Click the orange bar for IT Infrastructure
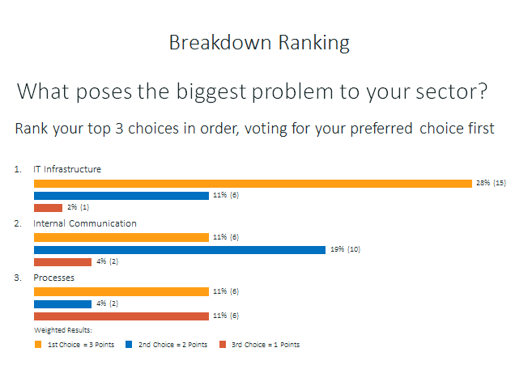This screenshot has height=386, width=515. coord(253,184)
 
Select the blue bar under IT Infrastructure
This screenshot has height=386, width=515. coord(121,196)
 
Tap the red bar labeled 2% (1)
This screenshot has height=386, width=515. coord(48,208)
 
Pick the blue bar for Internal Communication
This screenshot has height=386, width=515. coord(180,250)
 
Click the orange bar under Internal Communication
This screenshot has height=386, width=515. coord(121,237)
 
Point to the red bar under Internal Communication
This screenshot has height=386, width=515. coord(62,262)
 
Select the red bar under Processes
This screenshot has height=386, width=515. coord(121,316)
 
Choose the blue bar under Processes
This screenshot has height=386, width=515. coord(62,304)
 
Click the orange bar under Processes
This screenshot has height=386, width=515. coord(121,291)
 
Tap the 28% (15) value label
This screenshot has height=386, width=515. coord(491,183)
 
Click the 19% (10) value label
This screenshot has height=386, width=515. coord(345,249)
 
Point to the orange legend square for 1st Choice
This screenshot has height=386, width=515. coord(38,344)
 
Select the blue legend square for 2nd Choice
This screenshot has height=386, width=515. coord(129,344)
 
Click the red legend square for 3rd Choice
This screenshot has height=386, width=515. coord(223,344)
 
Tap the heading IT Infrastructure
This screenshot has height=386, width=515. coord(67,169)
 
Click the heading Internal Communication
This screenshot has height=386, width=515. coord(85,223)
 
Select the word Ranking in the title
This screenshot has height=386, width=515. coord(314,43)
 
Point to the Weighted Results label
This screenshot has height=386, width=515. coord(63,330)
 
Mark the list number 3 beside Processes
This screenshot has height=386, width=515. coord(17,278)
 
